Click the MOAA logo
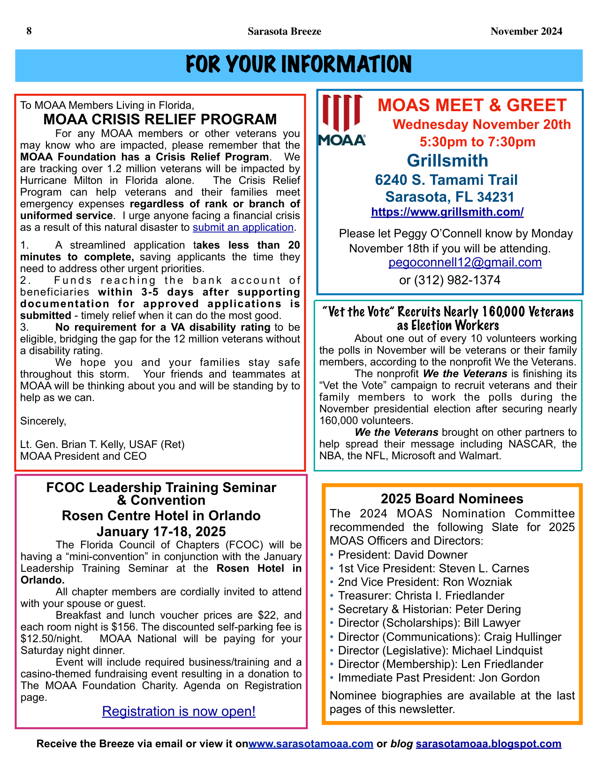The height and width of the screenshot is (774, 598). (x=342, y=120)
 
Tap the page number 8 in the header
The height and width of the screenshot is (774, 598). (x=29, y=31)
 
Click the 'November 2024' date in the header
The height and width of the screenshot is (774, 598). (x=526, y=31)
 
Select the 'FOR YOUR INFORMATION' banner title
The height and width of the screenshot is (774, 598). (x=299, y=65)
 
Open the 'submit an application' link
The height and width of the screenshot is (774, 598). (x=243, y=228)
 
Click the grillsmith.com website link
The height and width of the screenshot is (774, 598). (x=447, y=212)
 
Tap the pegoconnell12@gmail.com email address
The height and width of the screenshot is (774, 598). (x=465, y=263)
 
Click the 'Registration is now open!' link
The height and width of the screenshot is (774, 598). (x=179, y=712)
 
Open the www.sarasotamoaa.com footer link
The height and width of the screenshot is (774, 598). (x=310, y=744)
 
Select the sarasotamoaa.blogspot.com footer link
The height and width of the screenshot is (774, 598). (x=488, y=744)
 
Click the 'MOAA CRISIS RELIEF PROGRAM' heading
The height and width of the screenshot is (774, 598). (x=160, y=120)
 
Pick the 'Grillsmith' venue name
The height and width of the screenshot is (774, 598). (x=447, y=160)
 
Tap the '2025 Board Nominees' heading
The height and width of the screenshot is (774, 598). (x=452, y=499)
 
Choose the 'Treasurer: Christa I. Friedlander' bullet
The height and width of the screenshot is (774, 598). (x=421, y=596)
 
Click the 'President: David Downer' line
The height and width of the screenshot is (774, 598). (x=402, y=555)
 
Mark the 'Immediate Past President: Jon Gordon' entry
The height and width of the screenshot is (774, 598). (x=439, y=678)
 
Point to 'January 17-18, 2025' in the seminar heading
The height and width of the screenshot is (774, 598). (x=161, y=531)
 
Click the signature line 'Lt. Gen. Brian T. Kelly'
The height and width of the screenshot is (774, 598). (x=102, y=445)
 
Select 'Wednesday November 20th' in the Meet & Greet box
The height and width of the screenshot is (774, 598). (x=482, y=125)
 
